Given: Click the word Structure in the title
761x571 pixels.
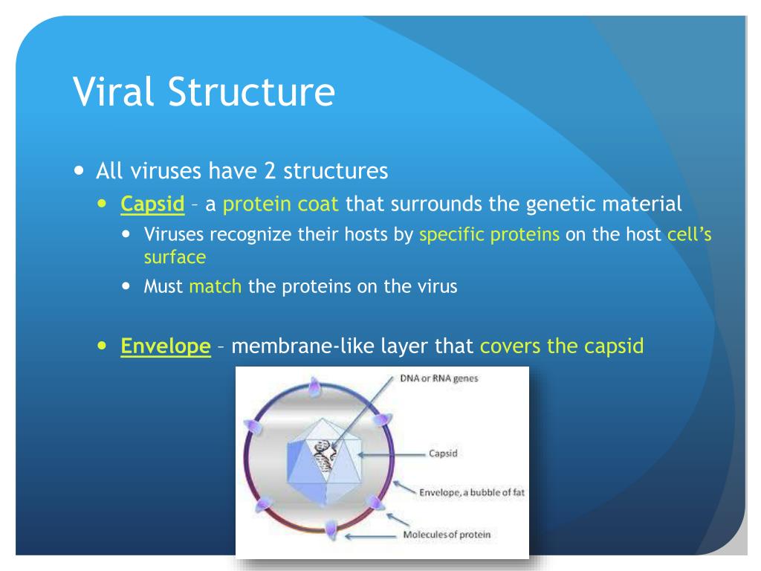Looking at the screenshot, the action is (249, 93).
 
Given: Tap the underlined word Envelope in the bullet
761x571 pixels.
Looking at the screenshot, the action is (166, 346).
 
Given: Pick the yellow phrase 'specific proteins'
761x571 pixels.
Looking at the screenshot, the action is (490, 235).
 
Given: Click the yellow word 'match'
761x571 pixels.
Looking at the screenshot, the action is (216, 286).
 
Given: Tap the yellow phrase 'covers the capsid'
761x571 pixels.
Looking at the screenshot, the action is (561, 346).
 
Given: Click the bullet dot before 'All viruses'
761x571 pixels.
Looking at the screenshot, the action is (80, 171).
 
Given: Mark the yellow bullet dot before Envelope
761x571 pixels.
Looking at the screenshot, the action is (103, 346).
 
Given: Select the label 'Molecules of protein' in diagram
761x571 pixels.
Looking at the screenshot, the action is (447, 534).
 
